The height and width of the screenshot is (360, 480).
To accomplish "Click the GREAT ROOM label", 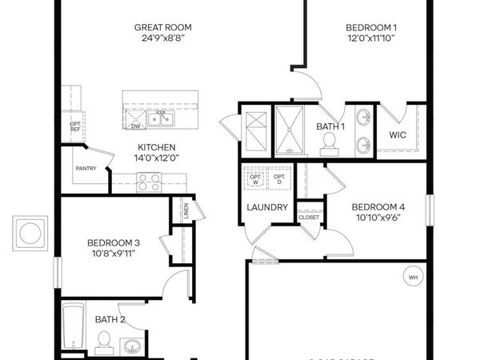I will pyautogui.click(x=162, y=27).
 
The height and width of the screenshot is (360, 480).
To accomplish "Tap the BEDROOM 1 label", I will pyautogui.click(x=372, y=27).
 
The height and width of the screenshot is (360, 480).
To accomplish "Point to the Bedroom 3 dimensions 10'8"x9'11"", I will pyautogui.click(x=113, y=255).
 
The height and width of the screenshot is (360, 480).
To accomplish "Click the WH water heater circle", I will pyautogui.click(x=414, y=278).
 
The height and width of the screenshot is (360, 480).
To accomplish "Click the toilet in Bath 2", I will pyautogui.click(x=102, y=344).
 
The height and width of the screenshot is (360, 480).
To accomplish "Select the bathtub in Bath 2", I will pyautogui.click(x=73, y=328).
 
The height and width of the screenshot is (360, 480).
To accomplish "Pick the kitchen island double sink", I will pyautogui.click(x=166, y=120).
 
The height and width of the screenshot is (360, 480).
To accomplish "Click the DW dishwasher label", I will pyautogui.click(x=135, y=126).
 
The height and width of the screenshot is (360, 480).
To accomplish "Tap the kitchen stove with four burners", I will pyautogui.click(x=149, y=184).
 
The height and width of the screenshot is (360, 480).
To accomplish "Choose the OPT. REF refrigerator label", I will pyautogui.click(x=76, y=127).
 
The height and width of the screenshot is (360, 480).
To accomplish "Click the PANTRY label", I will pyautogui.click(x=86, y=169).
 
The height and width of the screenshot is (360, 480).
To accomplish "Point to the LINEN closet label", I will pyautogui.click(x=185, y=211).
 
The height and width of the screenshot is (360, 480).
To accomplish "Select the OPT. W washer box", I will pyautogui.click(x=257, y=178).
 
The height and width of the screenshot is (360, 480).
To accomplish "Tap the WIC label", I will pyautogui.click(x=398, y=135).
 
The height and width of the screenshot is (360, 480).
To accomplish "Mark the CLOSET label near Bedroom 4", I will pyautogui.click(x=309, y=217).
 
